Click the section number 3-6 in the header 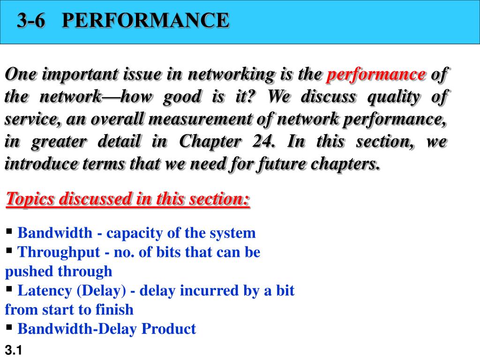31,20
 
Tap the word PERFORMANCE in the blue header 145,20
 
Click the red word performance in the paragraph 376,75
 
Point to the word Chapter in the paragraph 210,142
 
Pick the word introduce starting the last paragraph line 41,164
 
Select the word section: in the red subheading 219,199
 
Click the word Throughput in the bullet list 59,253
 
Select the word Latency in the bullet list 45,291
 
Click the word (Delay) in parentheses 101,291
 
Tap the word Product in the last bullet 168,329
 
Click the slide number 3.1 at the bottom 14,350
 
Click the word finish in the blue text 114,309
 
